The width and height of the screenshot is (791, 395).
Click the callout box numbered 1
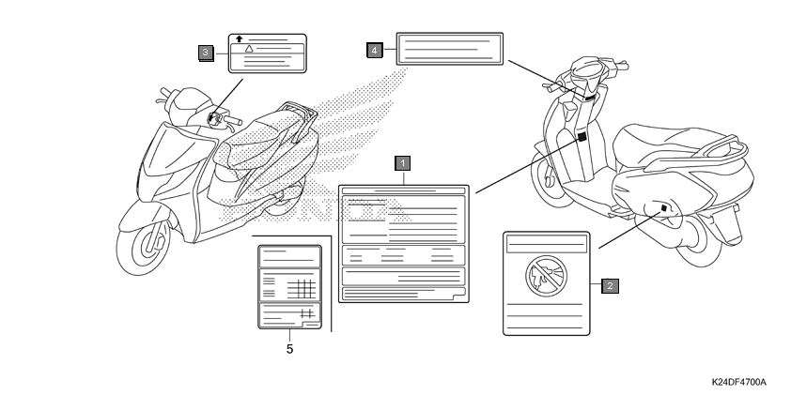(x=403, y=163)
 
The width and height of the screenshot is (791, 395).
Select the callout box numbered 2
(x=610, y=285)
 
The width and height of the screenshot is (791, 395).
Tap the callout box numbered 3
(x=206, y=53)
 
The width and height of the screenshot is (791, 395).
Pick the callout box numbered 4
(x=374, y=50)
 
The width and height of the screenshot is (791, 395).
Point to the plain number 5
(x=289, y=349)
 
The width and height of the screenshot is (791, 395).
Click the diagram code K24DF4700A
(x=738, y=382)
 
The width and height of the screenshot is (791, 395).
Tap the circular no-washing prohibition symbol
(x=547, y=276)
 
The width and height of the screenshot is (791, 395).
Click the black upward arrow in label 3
(x=240, y=38)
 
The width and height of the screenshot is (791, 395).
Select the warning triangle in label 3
(x=249, y=49)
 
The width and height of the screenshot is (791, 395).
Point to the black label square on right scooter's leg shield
(x=582, y=137)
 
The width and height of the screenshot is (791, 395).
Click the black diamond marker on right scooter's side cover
(x=664, y=208)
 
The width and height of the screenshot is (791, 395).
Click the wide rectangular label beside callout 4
(x=449, y=49)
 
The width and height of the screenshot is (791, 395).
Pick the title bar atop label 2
(x=547, y=244)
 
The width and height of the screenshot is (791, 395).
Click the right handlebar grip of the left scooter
(x=233, y=120)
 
